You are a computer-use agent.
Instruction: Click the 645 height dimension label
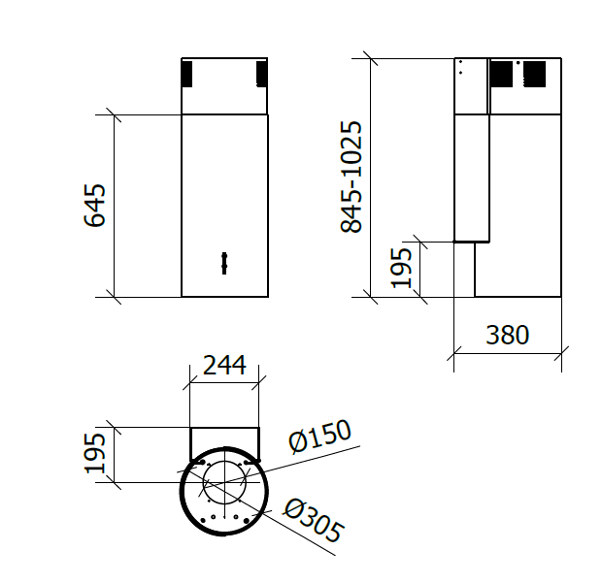point(94,205)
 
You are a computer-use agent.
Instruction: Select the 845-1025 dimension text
point(351,177)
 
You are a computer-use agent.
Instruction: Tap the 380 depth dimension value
point(507,336)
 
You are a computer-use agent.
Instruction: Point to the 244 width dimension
point(223,366)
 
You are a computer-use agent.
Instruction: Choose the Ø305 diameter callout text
point(313,520)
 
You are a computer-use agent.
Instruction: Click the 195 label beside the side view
point(401,267)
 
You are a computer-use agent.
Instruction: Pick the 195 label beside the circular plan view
point(94,454)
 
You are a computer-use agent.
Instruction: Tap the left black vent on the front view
point(188,74)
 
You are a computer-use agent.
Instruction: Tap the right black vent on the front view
point(261,74)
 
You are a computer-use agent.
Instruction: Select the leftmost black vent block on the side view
point(500,74)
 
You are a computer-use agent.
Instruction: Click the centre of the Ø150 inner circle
point(224,482)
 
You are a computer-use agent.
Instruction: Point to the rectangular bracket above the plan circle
point(224,440)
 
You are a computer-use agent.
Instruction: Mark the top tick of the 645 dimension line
point(115,114)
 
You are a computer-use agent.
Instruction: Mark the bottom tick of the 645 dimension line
point(115,296)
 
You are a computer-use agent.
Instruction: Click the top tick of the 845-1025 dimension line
point(370,58)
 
